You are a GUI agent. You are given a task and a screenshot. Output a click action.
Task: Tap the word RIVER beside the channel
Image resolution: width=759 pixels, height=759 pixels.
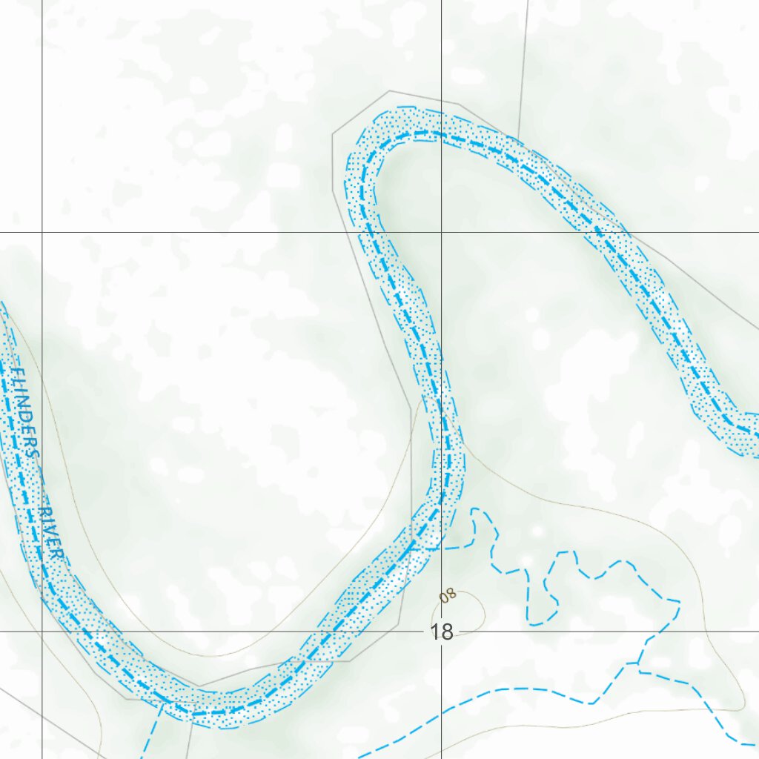(53, 534)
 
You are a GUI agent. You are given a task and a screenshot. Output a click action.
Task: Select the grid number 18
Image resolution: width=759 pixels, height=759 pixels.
(442, 632)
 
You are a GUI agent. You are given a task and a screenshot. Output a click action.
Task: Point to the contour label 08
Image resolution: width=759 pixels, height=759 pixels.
(448, 595)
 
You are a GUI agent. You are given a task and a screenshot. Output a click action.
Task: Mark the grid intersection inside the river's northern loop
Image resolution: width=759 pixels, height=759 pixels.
(442, 233)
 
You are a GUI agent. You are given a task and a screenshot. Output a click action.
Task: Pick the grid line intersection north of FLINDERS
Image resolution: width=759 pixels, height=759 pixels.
(42, 233)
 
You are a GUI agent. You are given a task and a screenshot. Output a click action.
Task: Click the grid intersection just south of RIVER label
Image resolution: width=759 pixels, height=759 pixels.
(42, 632)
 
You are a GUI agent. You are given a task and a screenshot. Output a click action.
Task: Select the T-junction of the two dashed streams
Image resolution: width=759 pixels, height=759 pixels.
(637, 663)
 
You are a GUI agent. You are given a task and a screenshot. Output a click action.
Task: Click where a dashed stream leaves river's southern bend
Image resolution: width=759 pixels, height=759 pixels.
(163, 708)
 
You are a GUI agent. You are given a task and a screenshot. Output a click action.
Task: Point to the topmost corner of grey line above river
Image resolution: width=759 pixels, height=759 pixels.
(390, 91)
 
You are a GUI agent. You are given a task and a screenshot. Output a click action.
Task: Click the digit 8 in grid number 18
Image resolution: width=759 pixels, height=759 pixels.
(447, 632)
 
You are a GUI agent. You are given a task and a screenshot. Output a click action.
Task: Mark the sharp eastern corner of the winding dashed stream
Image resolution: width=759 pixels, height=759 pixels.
(679, 600)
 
